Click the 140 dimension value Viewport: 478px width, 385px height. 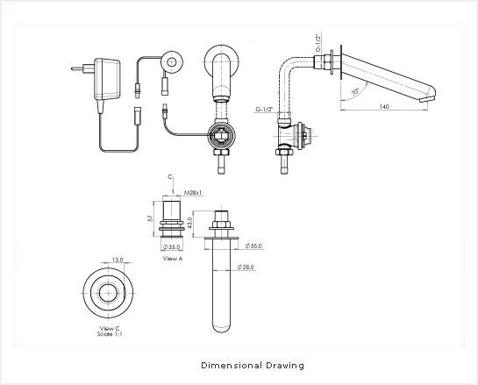(384, 106)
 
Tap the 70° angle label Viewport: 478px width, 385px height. (355, 91)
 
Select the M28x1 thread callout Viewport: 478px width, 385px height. (193, 193)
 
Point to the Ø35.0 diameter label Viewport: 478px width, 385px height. (172, 247)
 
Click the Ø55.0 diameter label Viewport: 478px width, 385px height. (253, 246)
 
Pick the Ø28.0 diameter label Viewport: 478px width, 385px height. (246, 267)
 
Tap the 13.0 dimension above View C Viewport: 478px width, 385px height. (118, 260)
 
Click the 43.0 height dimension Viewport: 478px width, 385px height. (190, 223)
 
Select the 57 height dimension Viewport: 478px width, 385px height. (150, 218)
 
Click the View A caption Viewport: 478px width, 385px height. (173, 259)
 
